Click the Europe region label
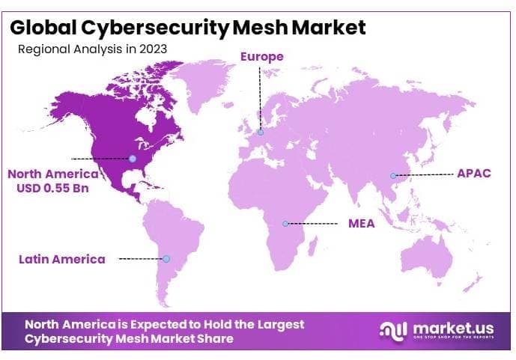pyautogui.click(x=261, y=57)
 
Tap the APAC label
pyautogui.click(x=473, y=174)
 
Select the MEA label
pyautogui.click(x=362, y=223)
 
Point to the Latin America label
pyautogui.click(x=62, y=259)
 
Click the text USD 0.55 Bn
pyautogui.click(x=52, y=188)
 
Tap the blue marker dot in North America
pyautogui.click(x=133, y=159)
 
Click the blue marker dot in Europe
pyautogui.click(x=261, y=132)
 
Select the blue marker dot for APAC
pyautogui.click(x=392, y=176)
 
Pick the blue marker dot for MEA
pyautogui.click(x=286, y=223)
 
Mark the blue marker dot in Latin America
pyautogui.click(x=167, y=259)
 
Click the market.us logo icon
pyautogui.click(x=394, y=330)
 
